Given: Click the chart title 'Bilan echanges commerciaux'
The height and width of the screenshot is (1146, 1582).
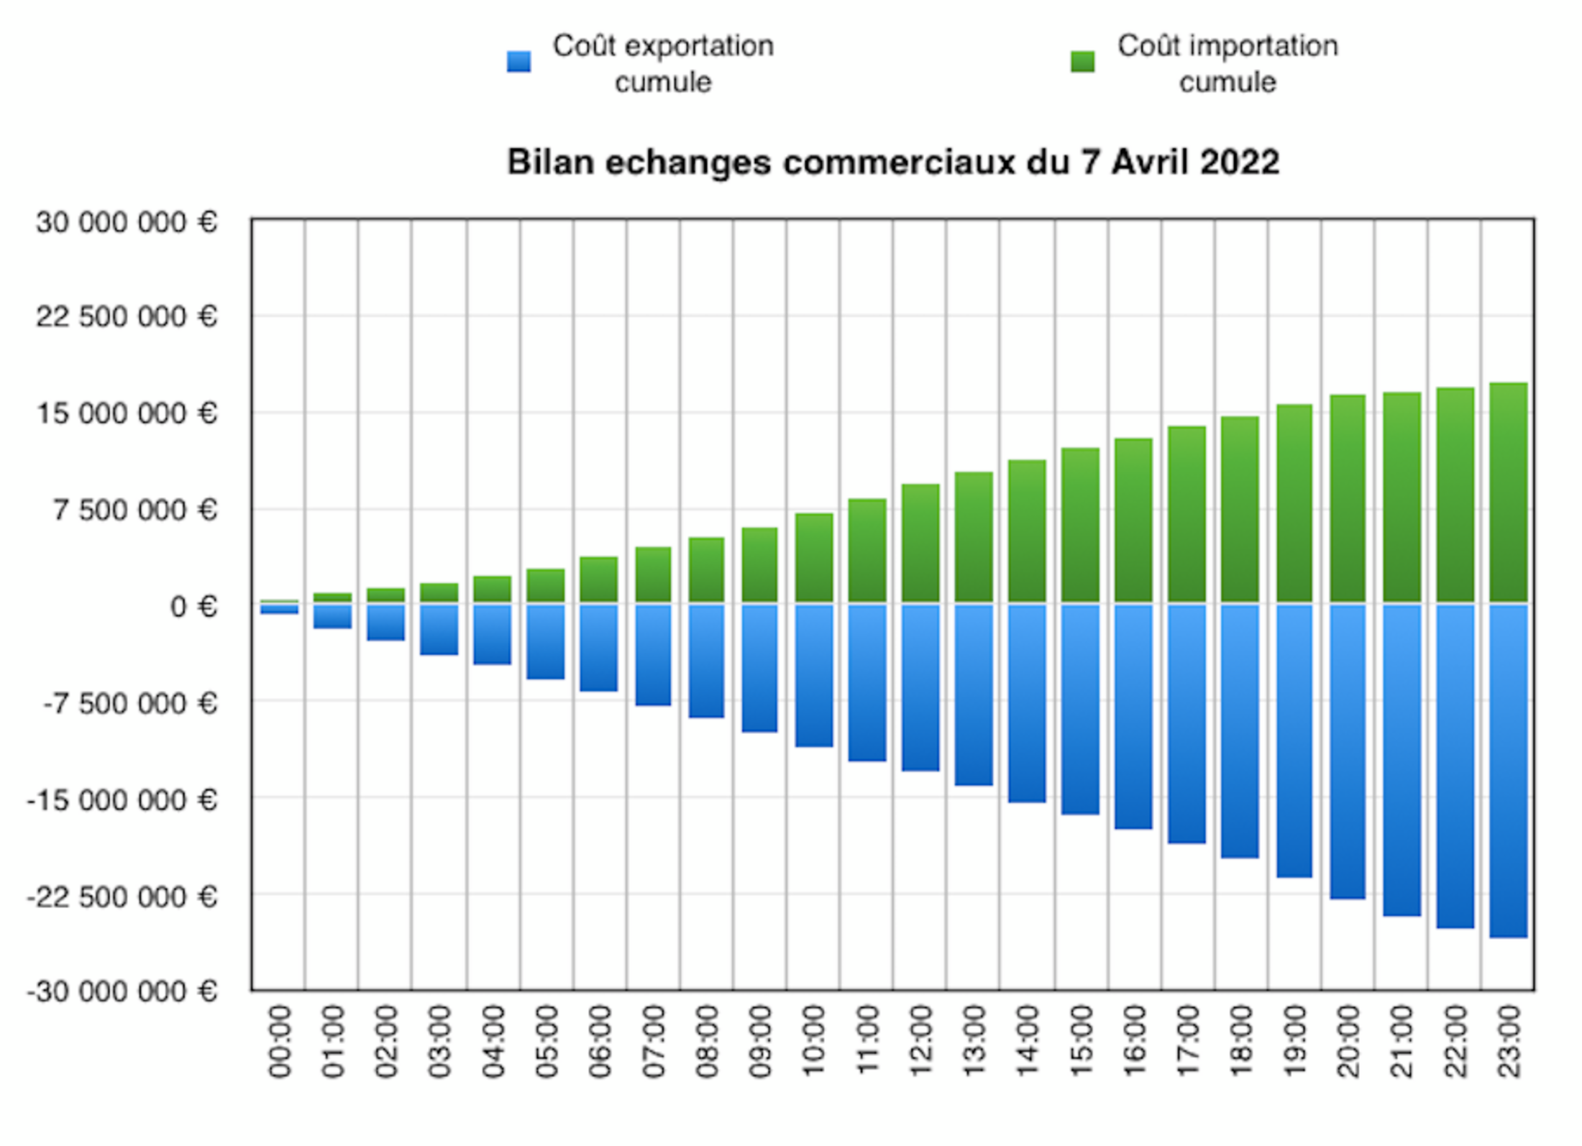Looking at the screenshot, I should (x=762, y=162).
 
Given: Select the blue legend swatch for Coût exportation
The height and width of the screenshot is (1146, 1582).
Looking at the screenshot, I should (x=518, y=62).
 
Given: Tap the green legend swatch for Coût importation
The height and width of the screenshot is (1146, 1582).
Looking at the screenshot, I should (x=1082, y=62).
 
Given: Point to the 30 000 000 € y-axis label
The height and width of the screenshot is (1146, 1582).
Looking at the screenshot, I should (x=127, y=223).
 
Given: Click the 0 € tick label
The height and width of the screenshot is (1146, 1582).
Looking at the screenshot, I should (x=193, y=608).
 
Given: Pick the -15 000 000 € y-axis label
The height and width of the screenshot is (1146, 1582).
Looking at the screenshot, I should (x=122, y=800).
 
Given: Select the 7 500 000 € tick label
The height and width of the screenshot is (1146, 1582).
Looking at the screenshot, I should (x=135, y=510).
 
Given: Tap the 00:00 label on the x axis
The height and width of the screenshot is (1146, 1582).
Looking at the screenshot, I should (x=280, y=1042).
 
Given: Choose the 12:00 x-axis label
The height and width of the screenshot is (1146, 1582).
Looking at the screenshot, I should (x=920, y=1042).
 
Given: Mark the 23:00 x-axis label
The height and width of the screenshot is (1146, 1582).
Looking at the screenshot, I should (x=1509, y=1042).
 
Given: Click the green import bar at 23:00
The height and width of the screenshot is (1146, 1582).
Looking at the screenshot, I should (x=1508, y=492).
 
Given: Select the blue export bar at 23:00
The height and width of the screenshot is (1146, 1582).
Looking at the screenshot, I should (x=1508, y=769).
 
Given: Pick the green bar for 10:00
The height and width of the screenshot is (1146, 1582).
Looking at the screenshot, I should (x=814, y=557).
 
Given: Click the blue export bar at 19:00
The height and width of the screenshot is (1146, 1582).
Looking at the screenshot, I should (x=1294, y=741).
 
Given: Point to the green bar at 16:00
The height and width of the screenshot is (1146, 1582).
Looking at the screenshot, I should (x=1133, y=520).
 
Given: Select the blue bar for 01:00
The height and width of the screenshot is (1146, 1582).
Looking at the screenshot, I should (x=333, y=616).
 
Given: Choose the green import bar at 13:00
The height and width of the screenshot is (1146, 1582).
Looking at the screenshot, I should (x=974, y=537).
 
